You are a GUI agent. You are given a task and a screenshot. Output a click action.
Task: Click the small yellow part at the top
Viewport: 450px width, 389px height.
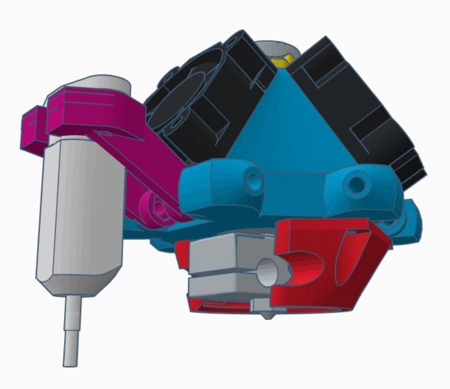pos(281,60)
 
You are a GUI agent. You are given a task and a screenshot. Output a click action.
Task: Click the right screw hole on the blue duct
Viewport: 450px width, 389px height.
pos(355,184)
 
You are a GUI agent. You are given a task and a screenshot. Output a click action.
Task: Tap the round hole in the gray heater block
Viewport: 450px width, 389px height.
pos(269,272)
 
